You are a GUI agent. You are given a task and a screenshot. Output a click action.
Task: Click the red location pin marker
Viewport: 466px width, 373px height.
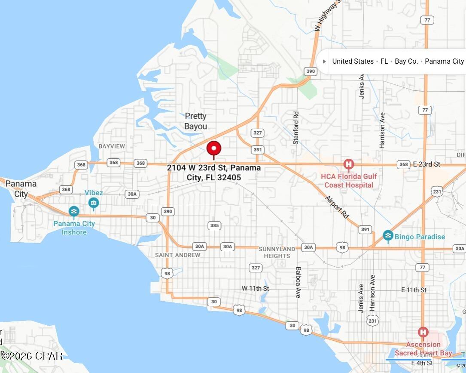coord(214,149)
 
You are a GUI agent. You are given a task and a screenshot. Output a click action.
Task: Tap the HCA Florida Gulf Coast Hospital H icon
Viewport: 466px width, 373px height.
coord(349,164)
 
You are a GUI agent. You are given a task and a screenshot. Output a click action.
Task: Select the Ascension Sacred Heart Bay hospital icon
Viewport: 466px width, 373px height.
coord(423,333)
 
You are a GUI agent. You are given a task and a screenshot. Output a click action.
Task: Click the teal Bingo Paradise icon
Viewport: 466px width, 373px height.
coord(388,236)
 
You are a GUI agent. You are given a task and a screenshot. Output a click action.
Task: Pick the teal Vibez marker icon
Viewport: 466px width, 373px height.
coord(94,203)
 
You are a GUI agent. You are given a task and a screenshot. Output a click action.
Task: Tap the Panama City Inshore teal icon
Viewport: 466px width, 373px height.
coord(74,211)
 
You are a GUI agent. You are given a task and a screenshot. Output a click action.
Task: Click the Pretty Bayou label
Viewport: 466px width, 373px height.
coord(195,121)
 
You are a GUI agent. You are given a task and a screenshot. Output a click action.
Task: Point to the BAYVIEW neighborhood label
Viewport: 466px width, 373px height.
coord(112,146)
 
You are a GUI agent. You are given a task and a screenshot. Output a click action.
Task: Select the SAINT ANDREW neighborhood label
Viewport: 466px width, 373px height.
coord(177,255)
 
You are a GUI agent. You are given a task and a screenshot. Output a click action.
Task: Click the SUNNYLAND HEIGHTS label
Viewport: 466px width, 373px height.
coord(277,253)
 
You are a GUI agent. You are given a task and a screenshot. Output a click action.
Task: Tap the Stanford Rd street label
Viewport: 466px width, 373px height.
coord(295,128)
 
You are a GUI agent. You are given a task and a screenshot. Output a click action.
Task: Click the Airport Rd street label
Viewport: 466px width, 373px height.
coord(337,207)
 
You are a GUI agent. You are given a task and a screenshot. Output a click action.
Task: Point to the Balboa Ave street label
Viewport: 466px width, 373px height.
coord(298,282)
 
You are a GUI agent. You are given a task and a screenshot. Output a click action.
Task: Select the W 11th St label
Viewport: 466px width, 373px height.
coord(255,288)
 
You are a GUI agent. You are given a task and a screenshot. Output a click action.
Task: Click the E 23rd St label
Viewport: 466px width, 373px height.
coord(426,164)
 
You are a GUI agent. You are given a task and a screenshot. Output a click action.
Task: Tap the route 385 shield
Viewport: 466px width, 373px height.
coord(214,225)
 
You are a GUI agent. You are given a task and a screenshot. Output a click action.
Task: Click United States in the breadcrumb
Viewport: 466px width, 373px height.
coord(353,61)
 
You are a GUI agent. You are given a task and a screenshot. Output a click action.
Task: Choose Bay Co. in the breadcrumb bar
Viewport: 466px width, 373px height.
coord(406,61)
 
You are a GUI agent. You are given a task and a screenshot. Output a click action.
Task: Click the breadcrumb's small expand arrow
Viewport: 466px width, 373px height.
coord(324,62)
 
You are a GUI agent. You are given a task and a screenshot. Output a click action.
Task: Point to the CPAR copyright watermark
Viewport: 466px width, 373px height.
coord(32,356)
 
